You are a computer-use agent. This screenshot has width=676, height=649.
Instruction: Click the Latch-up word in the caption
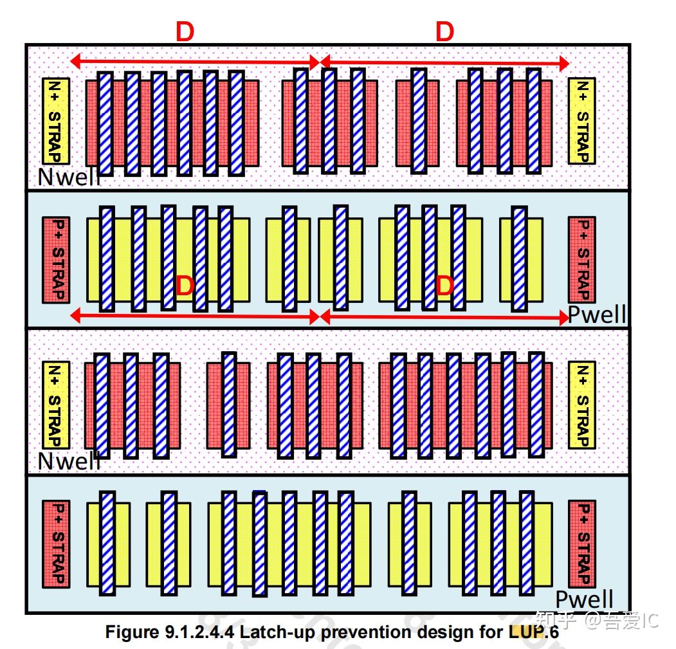(x=278, y=632)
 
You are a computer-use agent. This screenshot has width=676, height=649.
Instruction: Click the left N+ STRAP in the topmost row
(x=55, y=121)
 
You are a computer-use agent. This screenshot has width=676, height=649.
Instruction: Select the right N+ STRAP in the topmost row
(x=581, y=121)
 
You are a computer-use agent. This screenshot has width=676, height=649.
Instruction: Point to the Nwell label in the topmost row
(x=69, y=177)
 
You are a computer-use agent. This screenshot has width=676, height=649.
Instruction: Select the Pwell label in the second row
(x=597, y=315)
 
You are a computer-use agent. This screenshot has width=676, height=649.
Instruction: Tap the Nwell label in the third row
(x=69, y=461)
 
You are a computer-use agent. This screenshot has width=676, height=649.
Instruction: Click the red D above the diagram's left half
(x=185, y=32)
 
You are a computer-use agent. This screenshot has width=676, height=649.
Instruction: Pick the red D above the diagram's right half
(x=444, y=32)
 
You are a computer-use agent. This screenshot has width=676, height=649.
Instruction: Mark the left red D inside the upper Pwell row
(x=185, y=286)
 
